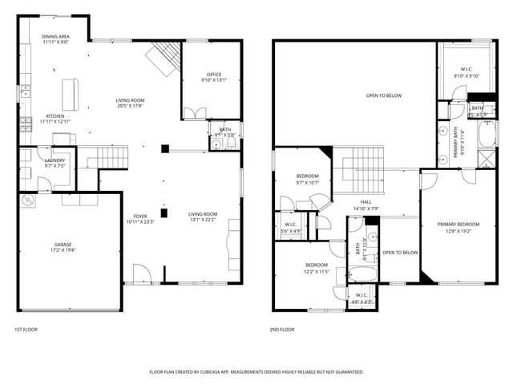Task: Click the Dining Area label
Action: (55, 37)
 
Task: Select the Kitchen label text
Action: (55, 115)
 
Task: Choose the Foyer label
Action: (140, 216)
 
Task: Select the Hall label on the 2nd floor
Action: (366, 202)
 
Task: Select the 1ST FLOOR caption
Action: (25, 329)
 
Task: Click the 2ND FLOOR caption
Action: (281, 329)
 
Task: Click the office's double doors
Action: (194, 113)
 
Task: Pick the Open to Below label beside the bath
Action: (400, 253)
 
